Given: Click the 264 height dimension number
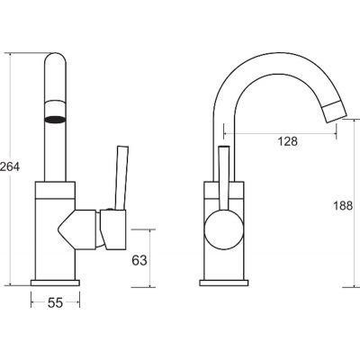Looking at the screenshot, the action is pyautogui.click(x=10, y=166).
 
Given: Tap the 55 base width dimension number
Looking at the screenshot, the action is pyautogui.click(x=56, y=302).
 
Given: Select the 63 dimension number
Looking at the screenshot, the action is pyautogui.click(x=139, y=260).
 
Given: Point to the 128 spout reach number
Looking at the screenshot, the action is pyautogui.click(x=287, y=141).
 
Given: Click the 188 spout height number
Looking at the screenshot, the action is pyautogui.click(x=343, y=206).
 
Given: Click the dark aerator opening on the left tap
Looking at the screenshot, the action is pyautogui.click(x=55, y=120).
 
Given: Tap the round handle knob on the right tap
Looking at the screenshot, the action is pyautogui.click(x=223, y=229).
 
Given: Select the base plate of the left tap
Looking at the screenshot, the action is pyautogui.click(x=55, y=283).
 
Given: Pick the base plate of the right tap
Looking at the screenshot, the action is pyautogui.click(x=224, y=283).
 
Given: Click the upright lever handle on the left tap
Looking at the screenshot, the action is pyautogui.click(x=121, y=177).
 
